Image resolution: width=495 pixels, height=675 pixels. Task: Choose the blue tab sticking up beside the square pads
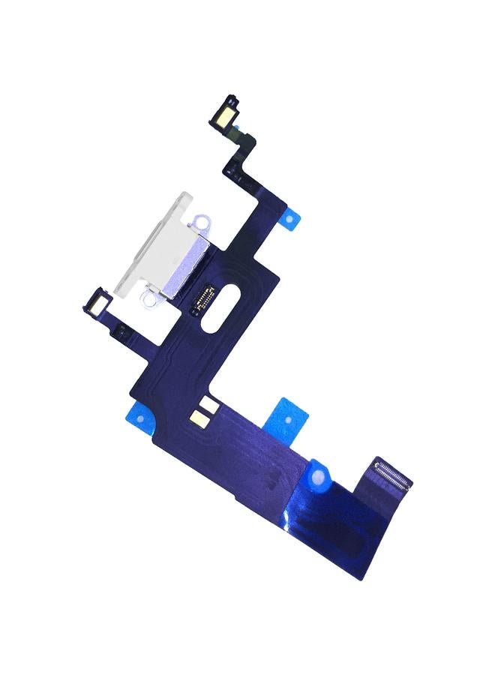pyautogui.click(x=289, y=417)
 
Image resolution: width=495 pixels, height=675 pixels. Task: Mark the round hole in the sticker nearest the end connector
pyautogui.click(x=321, y=474)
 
